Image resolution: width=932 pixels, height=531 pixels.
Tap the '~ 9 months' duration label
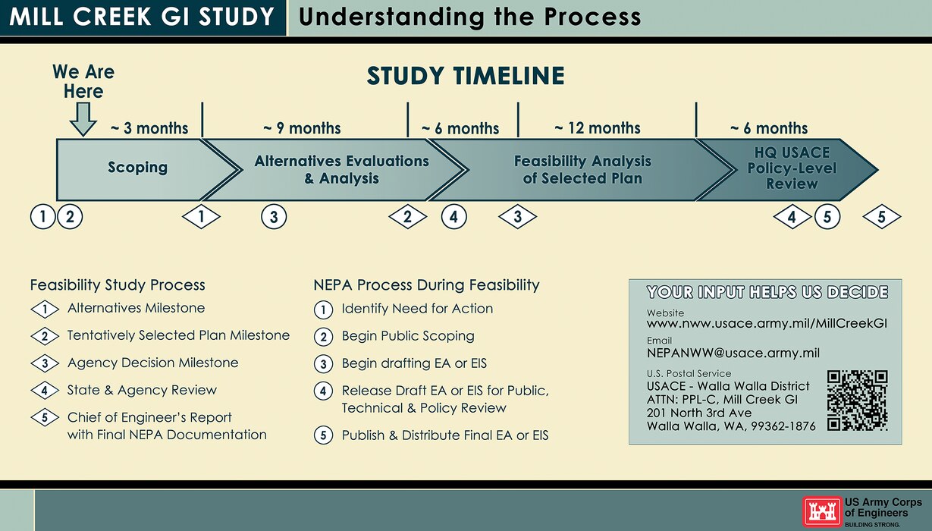pos(302,128)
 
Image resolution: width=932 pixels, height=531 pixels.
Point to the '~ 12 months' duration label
pos(597,128)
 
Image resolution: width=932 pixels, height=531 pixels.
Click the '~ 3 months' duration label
pos(149,128)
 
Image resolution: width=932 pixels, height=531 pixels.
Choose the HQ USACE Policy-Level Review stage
pos(791,168)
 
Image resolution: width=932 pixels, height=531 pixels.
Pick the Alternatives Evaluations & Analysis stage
pos(341,170)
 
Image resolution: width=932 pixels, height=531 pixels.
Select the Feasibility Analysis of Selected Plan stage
pos(582,170)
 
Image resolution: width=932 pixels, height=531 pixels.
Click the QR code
pos(857,401)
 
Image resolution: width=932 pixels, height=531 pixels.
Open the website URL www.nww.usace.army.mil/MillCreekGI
pos(766,324)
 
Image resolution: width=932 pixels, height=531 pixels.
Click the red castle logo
pos(822,512)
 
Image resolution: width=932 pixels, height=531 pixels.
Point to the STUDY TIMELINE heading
pos(466,77)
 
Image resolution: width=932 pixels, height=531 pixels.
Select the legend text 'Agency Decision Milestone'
pos(152,363)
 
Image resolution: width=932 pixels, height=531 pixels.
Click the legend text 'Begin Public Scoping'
pos(408,336)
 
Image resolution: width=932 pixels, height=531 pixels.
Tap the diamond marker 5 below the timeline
pos(882,218)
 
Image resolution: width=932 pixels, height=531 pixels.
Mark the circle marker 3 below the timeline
pos(274,218)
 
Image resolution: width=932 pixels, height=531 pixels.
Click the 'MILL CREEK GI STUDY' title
pos(142,17)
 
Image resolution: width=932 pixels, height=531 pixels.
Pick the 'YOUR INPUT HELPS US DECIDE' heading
pos(766,292)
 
